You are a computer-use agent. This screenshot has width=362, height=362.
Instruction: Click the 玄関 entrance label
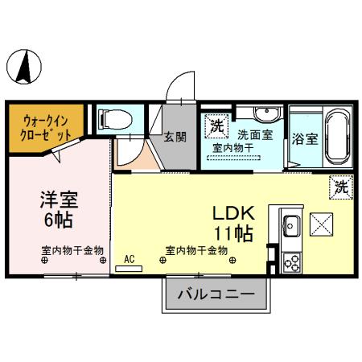[x=175, y=137]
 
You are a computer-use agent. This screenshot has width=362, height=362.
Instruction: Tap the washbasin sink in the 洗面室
[x=264, y=115]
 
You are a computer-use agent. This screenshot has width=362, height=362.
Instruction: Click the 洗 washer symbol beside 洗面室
[x=216, y=125]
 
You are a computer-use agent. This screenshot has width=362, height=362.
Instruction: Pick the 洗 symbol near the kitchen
[x=341, y=187]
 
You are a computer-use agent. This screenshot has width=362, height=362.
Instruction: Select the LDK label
[x=233, y=213]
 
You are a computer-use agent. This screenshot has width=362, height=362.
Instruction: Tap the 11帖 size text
[x=233, y=233]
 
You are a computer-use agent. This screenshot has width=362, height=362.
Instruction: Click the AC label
[x=128, y=260]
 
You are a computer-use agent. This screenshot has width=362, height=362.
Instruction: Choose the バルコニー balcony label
[x=215, y=294]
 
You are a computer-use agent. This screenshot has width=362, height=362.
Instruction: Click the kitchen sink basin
[x=291, y=224]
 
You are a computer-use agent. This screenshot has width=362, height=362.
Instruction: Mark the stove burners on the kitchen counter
[x=291, y=262]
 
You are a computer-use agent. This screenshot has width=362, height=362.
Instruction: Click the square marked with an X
[x=323, y=224]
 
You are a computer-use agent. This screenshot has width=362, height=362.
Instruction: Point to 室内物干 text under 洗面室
[x=232, y=149]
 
